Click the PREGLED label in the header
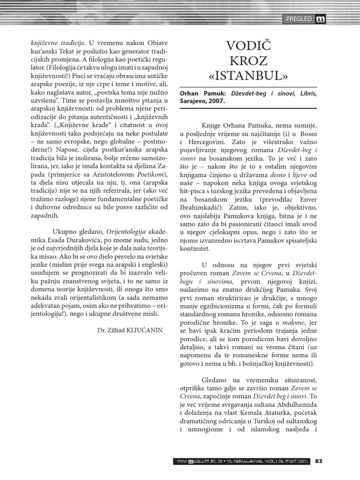299,19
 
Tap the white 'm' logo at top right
321,19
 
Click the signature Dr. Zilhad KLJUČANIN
127,330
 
